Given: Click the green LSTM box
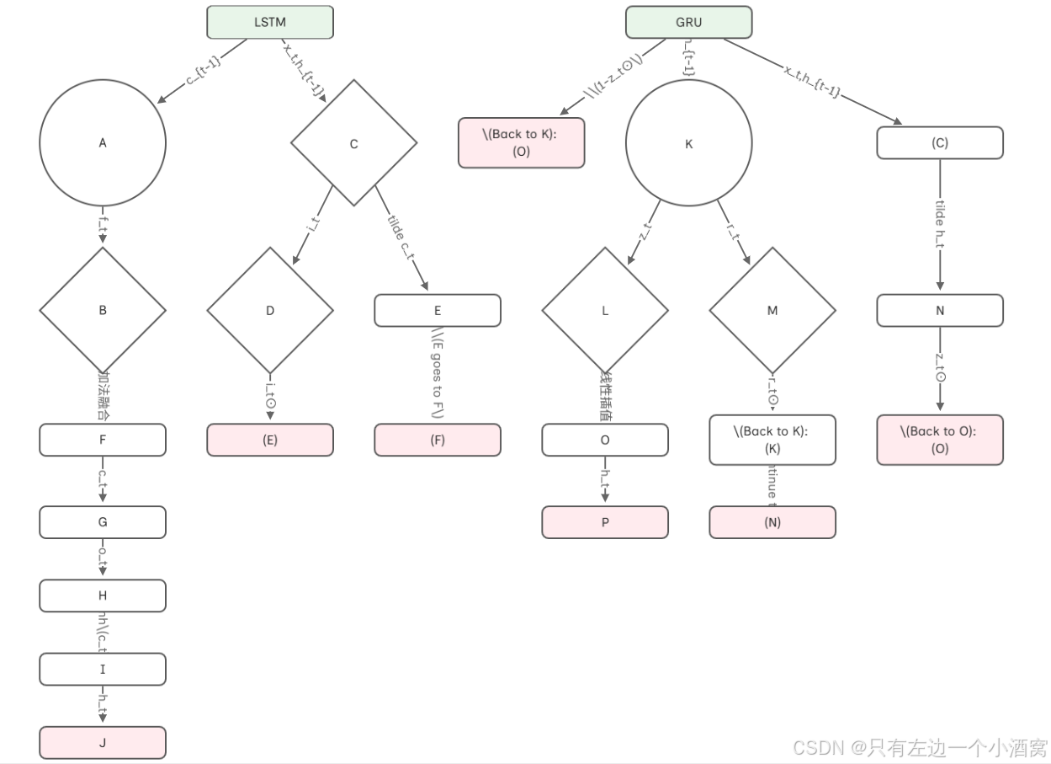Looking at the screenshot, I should point(270,22).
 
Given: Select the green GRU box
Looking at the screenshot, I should point(688,22).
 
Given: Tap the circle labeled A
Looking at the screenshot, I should point(103,143).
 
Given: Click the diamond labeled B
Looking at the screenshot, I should point(103,310).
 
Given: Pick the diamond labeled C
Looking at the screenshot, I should point(353,144).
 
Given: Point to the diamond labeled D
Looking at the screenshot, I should point(270,310).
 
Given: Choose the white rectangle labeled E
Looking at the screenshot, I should point(438,310).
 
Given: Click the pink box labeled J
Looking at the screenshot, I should point(103,742).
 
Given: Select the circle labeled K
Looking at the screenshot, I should point(688,144).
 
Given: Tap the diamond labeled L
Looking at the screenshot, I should point(605,310).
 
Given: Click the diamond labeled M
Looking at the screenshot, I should point(772,310).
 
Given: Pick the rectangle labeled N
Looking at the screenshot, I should point(940,310).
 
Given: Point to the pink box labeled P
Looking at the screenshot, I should point(605,521).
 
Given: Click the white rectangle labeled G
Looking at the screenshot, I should point(103,521).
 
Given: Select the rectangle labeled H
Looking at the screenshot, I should point(103,596).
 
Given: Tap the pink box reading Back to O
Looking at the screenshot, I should point(940,440).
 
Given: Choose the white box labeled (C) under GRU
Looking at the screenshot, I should point(940,142).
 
